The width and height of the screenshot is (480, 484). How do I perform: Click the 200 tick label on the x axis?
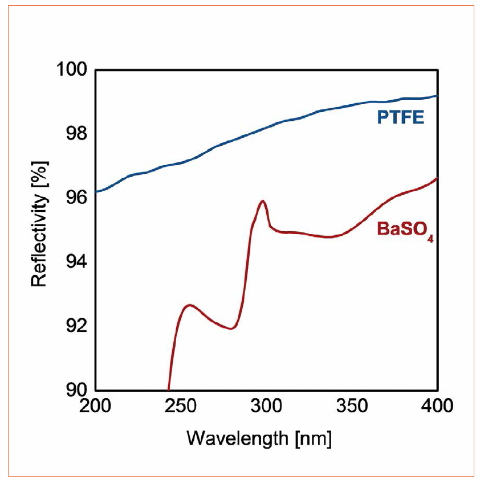click(x=95, y=408)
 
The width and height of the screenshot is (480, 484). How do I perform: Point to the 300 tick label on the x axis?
click(x=266, y=408)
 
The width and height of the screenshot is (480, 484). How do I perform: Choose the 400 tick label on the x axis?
click(x=437, y=408)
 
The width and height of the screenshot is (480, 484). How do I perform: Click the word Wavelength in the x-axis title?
click(x=230, y=438)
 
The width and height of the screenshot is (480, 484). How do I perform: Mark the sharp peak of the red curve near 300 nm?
click(x=263, y=201)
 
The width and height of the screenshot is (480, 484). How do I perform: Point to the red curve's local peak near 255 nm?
click(x=189, y=305)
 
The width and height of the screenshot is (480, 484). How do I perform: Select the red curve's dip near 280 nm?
click(x=231, y=329)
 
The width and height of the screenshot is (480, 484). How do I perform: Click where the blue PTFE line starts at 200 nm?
click(x=96, y=192)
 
